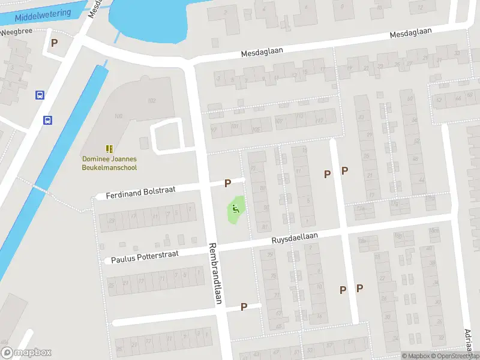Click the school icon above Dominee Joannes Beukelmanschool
(x=109, y=148)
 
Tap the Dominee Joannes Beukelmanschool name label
(x=109, y=163)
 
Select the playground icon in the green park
(x=236, y=209)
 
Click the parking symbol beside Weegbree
(x=55, y=43)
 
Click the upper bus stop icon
(x=40, y=95)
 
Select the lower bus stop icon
(x=47, y=120)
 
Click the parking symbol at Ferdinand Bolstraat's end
(x=227, y=184)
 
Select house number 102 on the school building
(x=151, y=100)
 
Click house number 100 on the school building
(x=118, y=116)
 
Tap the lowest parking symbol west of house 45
(x=244, y=307)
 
